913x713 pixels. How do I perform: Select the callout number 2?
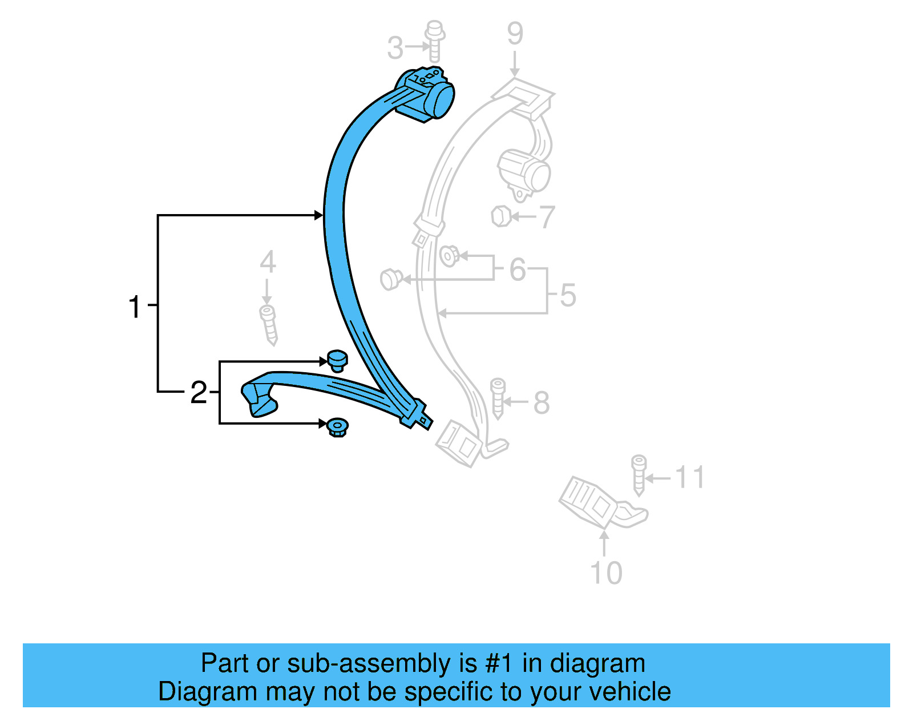tap(199, 392)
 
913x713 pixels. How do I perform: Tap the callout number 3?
tap(395, 48)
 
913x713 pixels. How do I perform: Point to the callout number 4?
tap(268, 263)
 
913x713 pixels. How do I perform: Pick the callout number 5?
tap(568, 295)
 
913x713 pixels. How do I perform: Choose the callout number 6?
tap(518, 269)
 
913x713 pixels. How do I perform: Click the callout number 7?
tap(547, 217)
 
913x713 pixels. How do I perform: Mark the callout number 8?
tap(541, 402)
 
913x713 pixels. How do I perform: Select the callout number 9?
tap(515, 34)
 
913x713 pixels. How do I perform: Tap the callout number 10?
tap(605, 573)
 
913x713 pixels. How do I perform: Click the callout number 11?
tap(690, 477)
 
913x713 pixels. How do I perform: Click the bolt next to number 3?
tap(435, 41)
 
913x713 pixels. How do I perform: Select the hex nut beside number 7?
tap(500, 216)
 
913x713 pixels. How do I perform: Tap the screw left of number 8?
tap(498, 398)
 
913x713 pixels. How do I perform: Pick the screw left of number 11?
tap(639, 474)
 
